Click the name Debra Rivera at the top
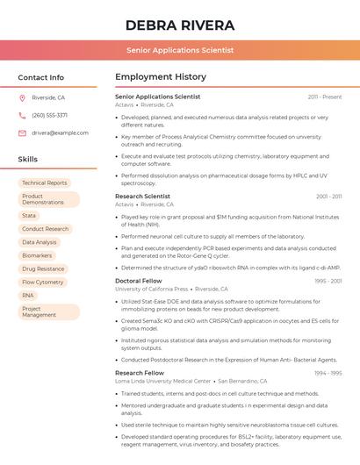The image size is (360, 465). click(x=180, y=25)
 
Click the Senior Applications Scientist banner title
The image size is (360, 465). click(x=180, y=50)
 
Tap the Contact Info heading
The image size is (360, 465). click(x=41, y=77)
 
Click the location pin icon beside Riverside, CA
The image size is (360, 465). click(x=22, y=97)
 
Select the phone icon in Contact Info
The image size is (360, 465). click(x=22, y=115)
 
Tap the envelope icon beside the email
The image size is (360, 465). click(x=22, y=132)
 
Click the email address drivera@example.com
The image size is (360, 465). click(x=61, y=132)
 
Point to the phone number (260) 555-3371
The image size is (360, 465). click(x=49, y=115)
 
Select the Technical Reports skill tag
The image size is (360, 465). click(x=45, y=183)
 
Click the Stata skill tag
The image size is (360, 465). click(x=29, y=215)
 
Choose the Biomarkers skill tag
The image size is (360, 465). click(x=37, y=255)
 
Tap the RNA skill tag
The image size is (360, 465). click(x=28, y=296)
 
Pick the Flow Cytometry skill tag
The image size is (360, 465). click(x=43, y=283)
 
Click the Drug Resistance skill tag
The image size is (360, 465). click(x=43, y=268)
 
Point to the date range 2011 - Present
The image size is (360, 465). click(x=325, y=97)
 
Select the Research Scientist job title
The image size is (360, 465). click(x=142, y=197)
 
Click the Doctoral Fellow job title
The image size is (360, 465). click(x=139, y=281)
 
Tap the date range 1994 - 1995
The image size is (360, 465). click(x=328, y=373)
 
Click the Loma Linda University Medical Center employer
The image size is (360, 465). click(x=163, y=382)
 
